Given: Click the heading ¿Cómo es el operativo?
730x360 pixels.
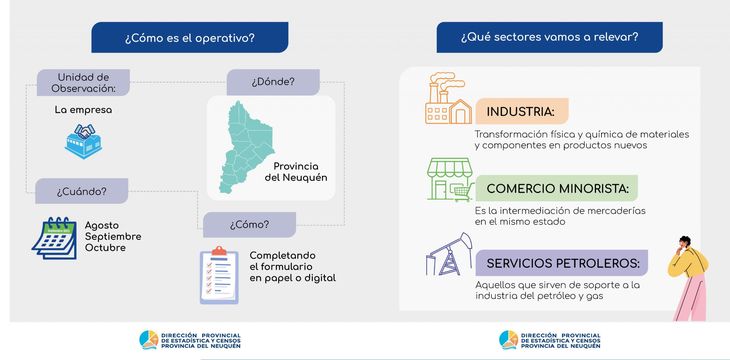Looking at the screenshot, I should point(189,38).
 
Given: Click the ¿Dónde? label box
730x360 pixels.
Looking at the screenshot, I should point(272,82).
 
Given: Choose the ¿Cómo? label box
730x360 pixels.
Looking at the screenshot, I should point(248,223).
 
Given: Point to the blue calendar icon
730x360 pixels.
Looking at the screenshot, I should point(54,238).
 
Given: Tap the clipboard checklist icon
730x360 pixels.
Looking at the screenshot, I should point(218,274).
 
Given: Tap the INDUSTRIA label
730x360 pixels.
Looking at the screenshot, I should point(521,110).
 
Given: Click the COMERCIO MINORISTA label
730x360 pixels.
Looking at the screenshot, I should point(556,188).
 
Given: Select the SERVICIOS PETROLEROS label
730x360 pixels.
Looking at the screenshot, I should point(562,263).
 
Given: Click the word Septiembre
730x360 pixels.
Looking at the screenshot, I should point(113,236).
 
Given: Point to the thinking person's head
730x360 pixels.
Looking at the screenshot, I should point(688,245).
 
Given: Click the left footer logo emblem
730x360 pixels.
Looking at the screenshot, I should point(147,340).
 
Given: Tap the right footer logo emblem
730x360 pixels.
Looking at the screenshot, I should point(507,340).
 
